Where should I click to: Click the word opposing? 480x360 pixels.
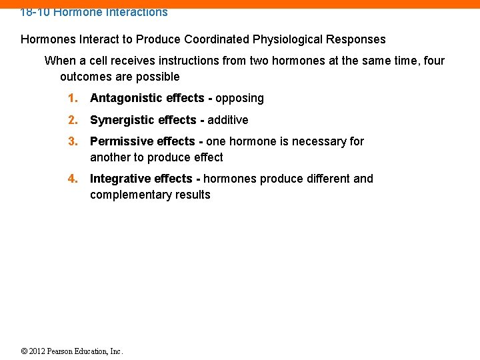click(239, 98)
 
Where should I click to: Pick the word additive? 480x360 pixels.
click(227, 120)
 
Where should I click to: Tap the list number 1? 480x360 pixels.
click(73, 98)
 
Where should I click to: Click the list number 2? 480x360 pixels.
click(73, 120)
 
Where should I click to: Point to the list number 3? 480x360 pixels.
click(73, 141)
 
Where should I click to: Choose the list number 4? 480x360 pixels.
click(73, 179)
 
